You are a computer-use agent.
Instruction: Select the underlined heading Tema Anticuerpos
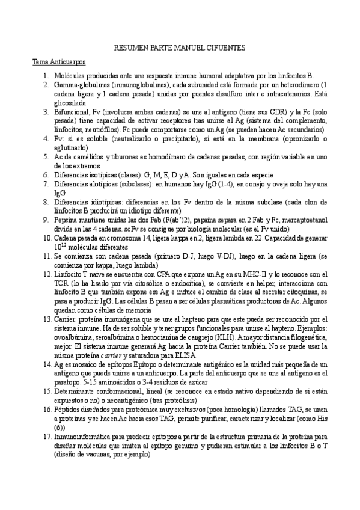point(59,62)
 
